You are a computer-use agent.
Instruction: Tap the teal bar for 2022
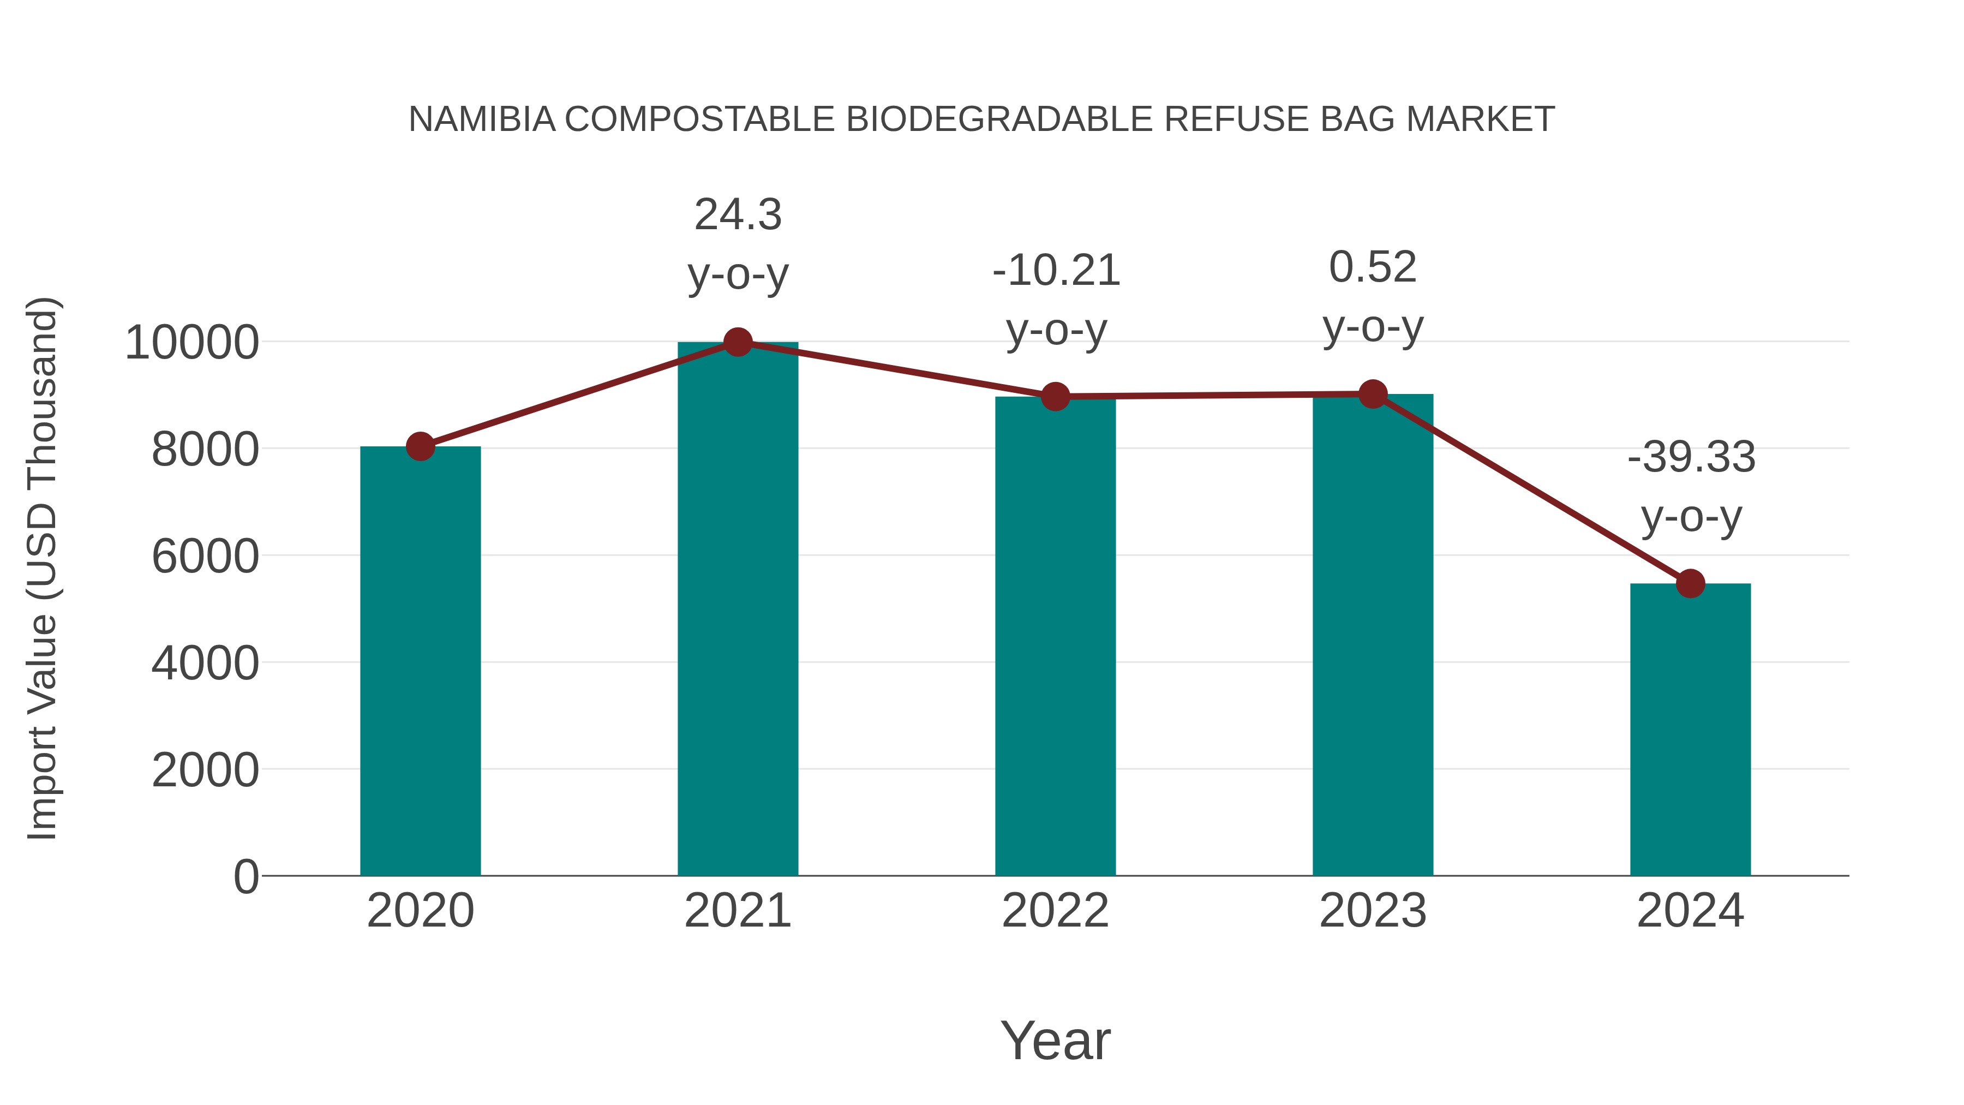(1055, 636)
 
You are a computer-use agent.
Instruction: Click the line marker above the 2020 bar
(420, 446)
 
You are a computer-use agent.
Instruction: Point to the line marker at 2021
(737, 342)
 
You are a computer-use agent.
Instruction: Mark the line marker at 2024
(1690, 583)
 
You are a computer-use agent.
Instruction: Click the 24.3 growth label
(737, 215)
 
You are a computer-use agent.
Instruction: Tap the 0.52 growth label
(1373, 268)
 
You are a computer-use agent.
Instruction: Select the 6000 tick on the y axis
(205, 556)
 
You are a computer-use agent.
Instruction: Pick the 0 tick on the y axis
(245, 876)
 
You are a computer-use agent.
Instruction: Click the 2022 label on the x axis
(1055, 911)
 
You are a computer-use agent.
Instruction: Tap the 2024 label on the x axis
(1690, 911)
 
